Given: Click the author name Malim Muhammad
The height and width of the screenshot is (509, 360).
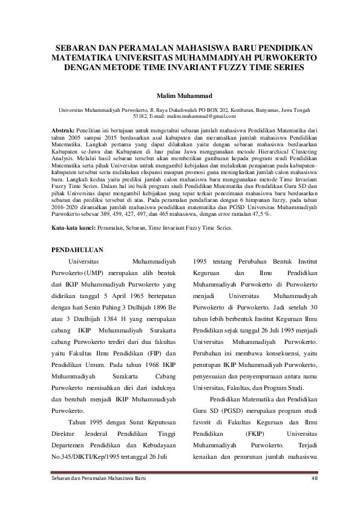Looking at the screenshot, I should [x=180, y=96].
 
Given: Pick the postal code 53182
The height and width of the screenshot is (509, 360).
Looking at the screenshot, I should [x=140, y=115].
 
